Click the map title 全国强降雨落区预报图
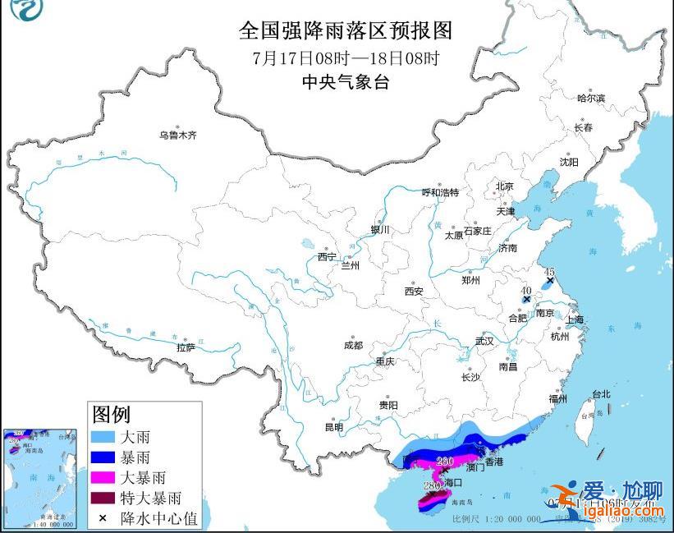tap(345, 31)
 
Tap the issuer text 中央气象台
tap(345, 81)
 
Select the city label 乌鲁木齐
tap(178, 135)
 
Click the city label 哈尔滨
tap(590, 99)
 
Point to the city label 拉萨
tap(186, 347)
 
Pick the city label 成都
tap(353, 346)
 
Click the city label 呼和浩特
tap(440, 192)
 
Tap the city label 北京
tap(504, 186)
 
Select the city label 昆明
tap(333, 426)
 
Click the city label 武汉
tap(484, 341)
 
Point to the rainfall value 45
tap(549, 272)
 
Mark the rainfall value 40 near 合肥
tap(525, 290)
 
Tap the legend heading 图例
tap(111, 413)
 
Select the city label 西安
tap(413, 291)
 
